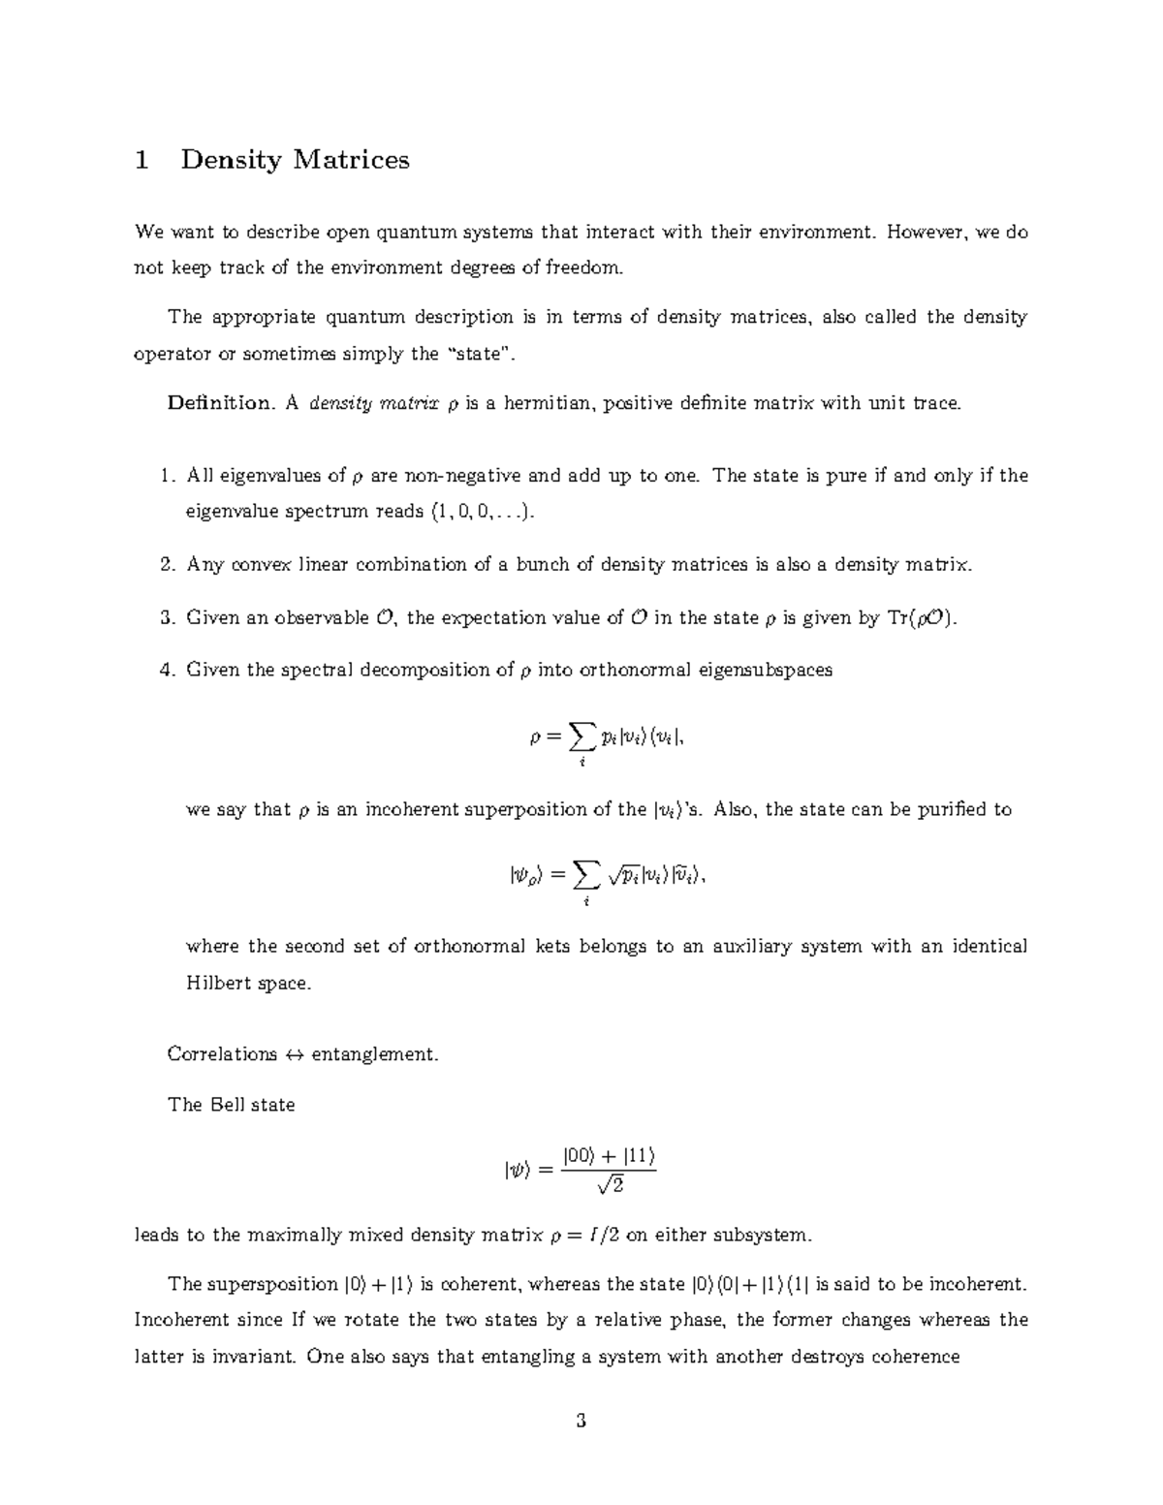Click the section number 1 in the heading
(142, 160)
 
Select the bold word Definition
(219, 403)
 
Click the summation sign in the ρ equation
(581, 738)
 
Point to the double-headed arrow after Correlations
(294, 1054)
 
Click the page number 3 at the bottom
(581, 1423)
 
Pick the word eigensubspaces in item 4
(766, 670)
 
